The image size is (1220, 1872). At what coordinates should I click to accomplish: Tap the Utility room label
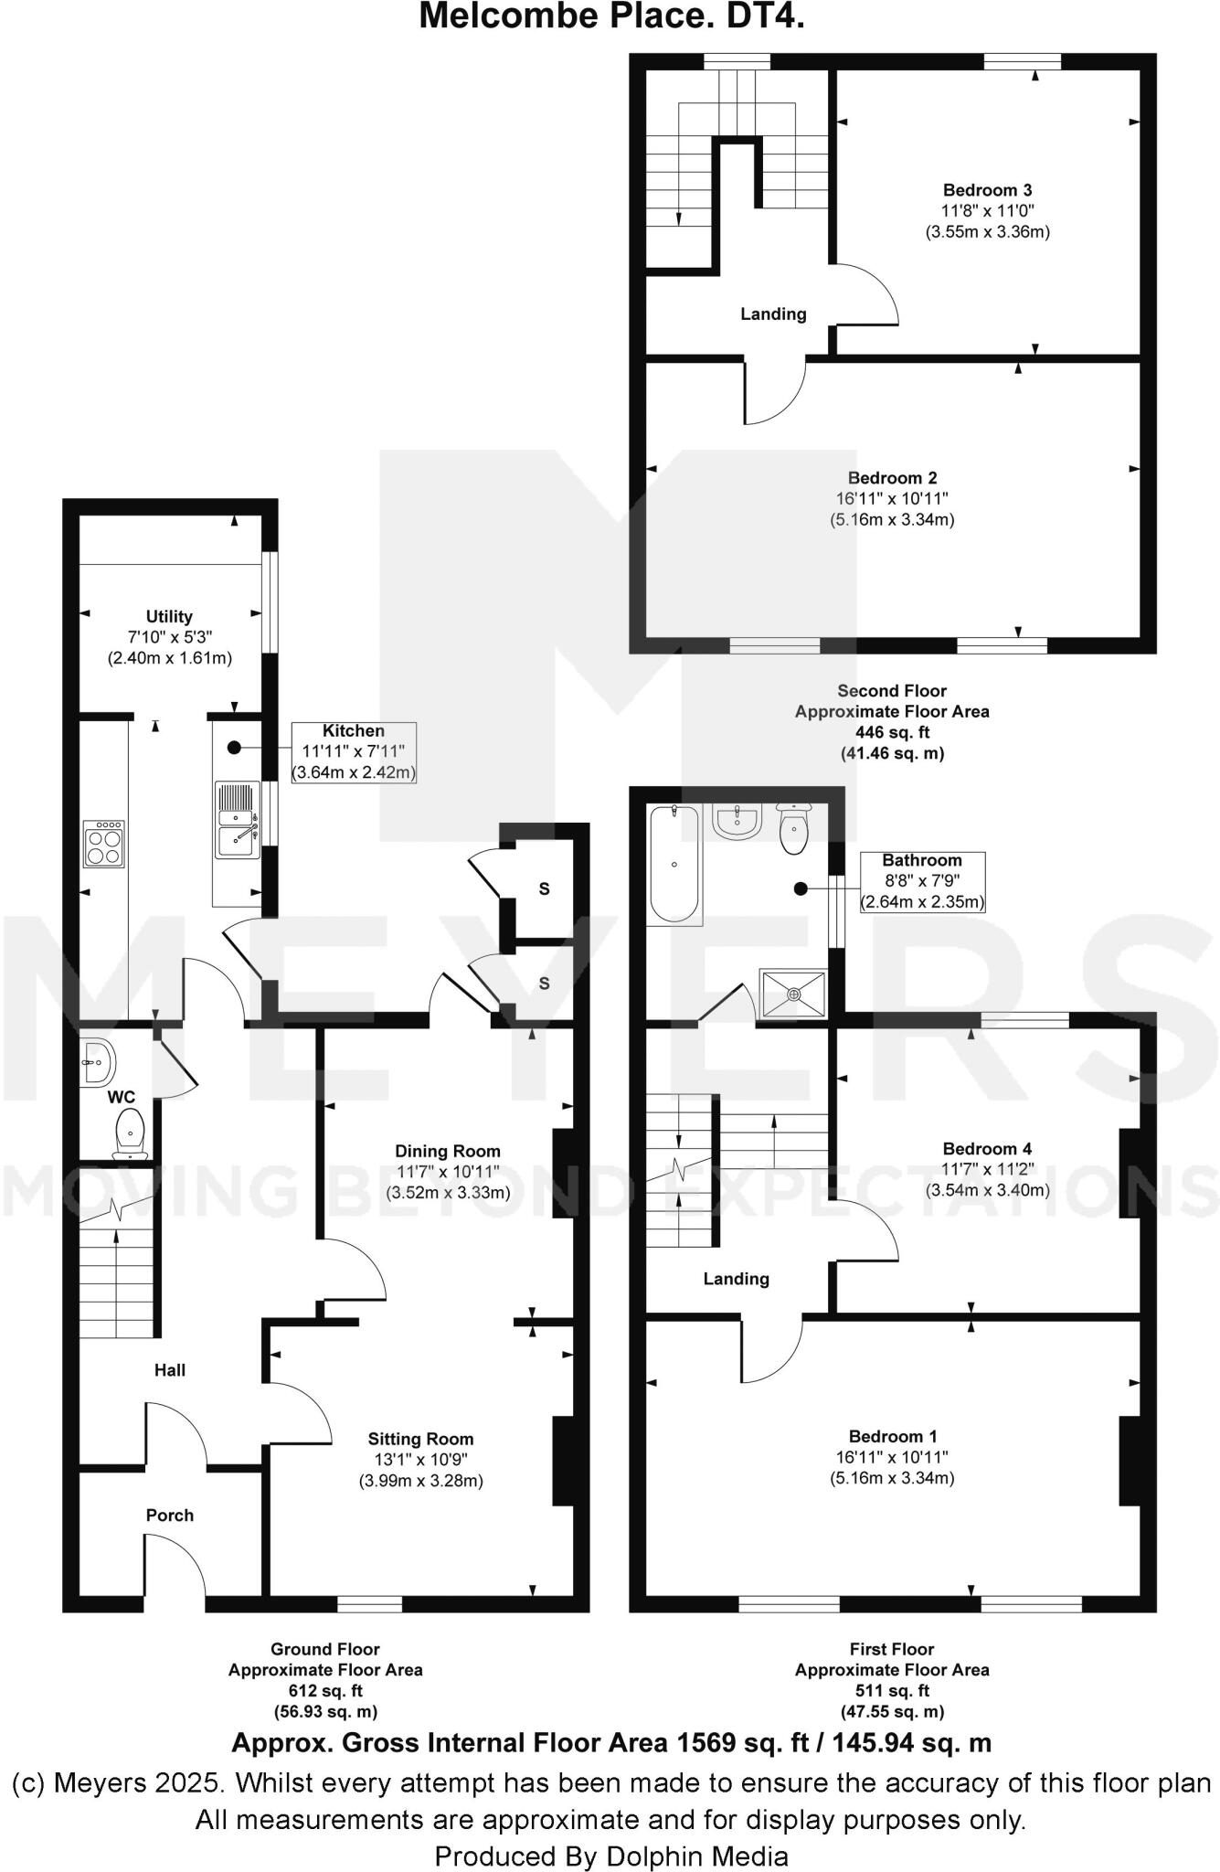tap(169, 616)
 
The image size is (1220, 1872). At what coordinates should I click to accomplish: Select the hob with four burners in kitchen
tap(104, 844)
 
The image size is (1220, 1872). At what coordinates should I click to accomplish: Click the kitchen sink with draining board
tap(237, 820)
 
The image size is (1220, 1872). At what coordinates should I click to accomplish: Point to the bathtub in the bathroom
tap(674, 864)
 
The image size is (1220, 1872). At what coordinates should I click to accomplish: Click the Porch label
tap(170, 1516)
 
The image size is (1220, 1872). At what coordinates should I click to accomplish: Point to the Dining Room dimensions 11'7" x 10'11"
tap(448, 1172)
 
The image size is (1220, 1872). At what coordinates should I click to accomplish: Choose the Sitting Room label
tap(420, 1439)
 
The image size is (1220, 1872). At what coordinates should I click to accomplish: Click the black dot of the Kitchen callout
tap(234, 747)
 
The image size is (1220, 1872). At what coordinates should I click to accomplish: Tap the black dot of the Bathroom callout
tap(801, 888)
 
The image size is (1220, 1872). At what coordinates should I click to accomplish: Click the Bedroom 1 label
tap(892, 1436)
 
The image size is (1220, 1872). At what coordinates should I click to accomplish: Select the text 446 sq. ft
tap(892, 732)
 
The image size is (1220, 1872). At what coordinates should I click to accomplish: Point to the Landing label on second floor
tap(773, 314)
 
